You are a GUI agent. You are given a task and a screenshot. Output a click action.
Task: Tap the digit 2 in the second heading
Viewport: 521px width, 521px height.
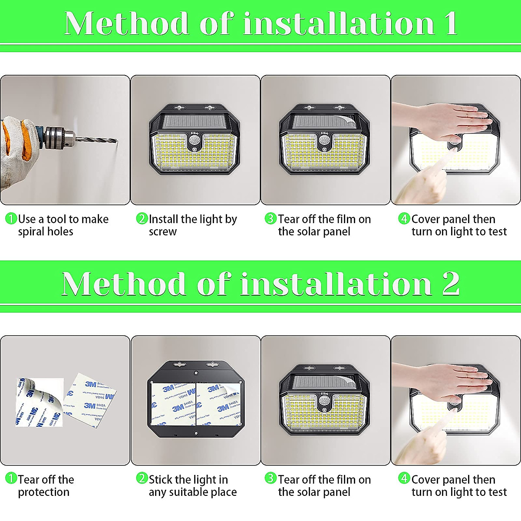point(450,284)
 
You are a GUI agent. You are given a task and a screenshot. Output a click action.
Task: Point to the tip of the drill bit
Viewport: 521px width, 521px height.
point(116,141)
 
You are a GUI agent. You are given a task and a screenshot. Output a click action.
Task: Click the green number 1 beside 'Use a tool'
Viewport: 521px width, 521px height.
point(11,219)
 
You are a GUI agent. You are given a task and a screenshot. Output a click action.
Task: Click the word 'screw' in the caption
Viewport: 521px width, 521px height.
point(162,232)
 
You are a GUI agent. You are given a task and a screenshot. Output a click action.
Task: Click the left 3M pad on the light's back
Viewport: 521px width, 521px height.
point(173,404)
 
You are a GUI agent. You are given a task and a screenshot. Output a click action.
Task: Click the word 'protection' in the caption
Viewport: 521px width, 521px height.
point(43,492)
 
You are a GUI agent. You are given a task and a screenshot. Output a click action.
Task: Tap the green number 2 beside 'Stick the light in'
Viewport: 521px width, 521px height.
point(142,479)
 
